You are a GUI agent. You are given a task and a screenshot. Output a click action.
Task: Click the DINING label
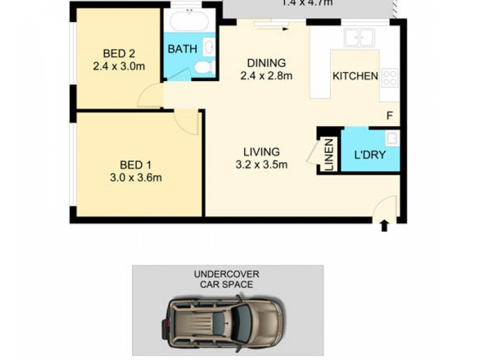pyautogui.click(x=266, y=63)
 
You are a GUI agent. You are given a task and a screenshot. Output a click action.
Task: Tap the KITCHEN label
pyautogui.click(x=355, y=76)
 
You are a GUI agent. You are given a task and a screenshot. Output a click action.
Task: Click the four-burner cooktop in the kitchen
pyautogui.click(x=390, y=77)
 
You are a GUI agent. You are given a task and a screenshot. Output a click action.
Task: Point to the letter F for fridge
pyautogui.click(x=389, y=116)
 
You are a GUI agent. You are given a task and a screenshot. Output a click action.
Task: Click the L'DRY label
pyautogui.click(x=369, y=154)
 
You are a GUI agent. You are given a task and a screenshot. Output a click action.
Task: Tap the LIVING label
pyautogui.click(x=261, y=152)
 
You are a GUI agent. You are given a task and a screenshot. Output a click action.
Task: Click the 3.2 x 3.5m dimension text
pyautogui.click(x=262, y=164)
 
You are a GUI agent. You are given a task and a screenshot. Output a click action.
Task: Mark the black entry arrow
pyautogui.click(x=384, y=226)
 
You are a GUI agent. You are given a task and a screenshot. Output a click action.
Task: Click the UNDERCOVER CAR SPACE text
pyautogui.click(x=227, y=279)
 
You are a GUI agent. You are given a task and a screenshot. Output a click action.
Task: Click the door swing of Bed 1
pyautogui.click(x=187, y=122)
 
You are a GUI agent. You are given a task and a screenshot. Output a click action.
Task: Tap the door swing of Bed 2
pyautogui.click(x=151, y=97)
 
